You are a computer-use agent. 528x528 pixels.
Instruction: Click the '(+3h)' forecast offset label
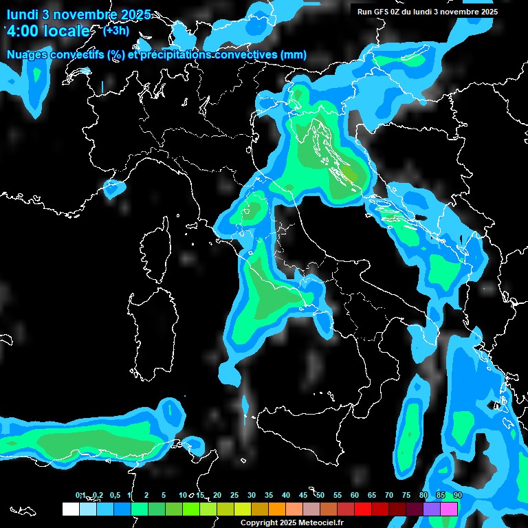115,30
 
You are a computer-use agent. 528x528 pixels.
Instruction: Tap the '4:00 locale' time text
47,31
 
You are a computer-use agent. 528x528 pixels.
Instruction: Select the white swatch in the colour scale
70,509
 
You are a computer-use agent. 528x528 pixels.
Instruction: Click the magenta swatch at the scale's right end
449,509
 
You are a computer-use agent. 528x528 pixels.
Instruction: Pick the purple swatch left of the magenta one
432,509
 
